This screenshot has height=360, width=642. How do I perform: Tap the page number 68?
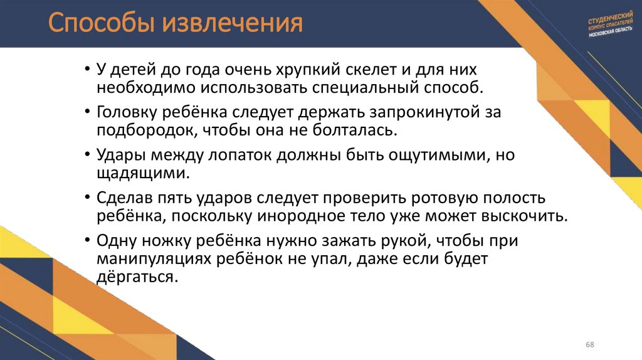click(x=589, y=346)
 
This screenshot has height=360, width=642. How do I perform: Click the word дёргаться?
click(x=134, y=277)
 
